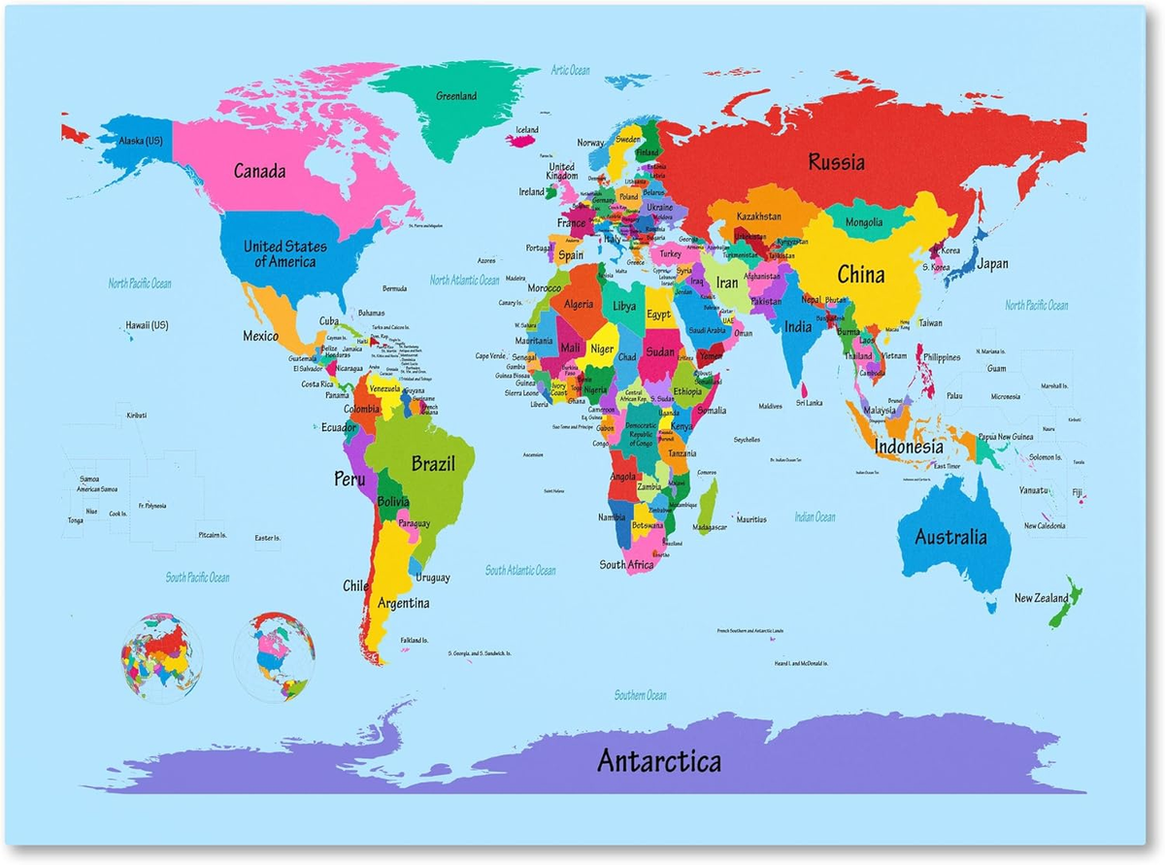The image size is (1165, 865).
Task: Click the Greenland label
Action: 455,96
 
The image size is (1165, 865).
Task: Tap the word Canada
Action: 259,172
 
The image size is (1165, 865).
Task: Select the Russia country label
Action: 836,162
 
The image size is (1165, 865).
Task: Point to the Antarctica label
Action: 658,760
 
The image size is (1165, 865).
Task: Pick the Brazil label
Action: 432,463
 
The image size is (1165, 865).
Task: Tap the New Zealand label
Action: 1041,598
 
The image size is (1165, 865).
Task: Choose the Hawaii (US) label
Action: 147,325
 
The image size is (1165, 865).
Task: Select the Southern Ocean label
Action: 640,695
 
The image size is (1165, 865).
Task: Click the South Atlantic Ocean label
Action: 520,571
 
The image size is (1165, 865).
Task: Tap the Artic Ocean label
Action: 570,70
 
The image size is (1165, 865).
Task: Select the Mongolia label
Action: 863,222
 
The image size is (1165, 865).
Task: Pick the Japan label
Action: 991,263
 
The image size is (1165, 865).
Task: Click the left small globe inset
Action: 161,656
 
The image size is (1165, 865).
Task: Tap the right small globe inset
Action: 275,656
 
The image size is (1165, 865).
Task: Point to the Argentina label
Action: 403,603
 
